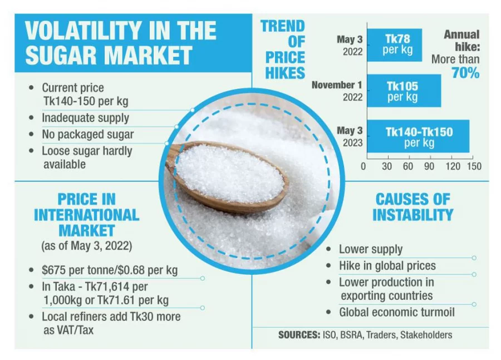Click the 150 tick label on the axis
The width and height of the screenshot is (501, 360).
(474, 166)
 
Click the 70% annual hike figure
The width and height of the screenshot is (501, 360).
(465, 73)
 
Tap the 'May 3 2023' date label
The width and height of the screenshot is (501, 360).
(350, 137)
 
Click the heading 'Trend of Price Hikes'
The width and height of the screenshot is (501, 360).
(283, 49)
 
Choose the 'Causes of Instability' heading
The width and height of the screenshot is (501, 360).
(412, 207)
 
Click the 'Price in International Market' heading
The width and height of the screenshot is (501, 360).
(86, 215)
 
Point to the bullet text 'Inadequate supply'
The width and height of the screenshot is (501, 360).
(85, 118)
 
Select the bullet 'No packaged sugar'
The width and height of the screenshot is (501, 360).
(87, 135)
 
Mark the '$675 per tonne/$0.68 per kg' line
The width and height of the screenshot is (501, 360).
(110, 271)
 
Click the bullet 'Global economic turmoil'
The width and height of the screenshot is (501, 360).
(396, 312)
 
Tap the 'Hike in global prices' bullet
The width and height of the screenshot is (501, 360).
(387, 266)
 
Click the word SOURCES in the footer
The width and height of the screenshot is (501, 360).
(298, 335)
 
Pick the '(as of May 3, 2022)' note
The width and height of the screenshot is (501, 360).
(86, 245)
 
